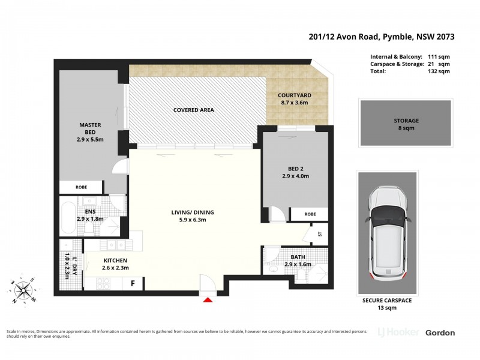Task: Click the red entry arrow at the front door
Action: click(x=208, y=299)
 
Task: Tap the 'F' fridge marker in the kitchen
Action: click(x=133, y=283)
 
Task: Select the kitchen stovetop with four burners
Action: click(x=97, y=284)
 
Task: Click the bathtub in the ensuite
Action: click(x=67, y=214)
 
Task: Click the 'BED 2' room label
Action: click(x=295, y=172)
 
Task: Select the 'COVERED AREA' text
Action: click(x=193, y=110)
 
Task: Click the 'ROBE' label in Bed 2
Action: click(x=310, y=214)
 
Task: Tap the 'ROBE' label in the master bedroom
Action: click(x=81, y=187)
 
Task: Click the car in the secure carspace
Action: click(x=387, y=233)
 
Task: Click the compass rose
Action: click(x=24, y=291)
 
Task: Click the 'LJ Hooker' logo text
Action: click(x=398, y=332)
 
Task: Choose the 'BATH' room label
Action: click(x=298, y=257)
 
